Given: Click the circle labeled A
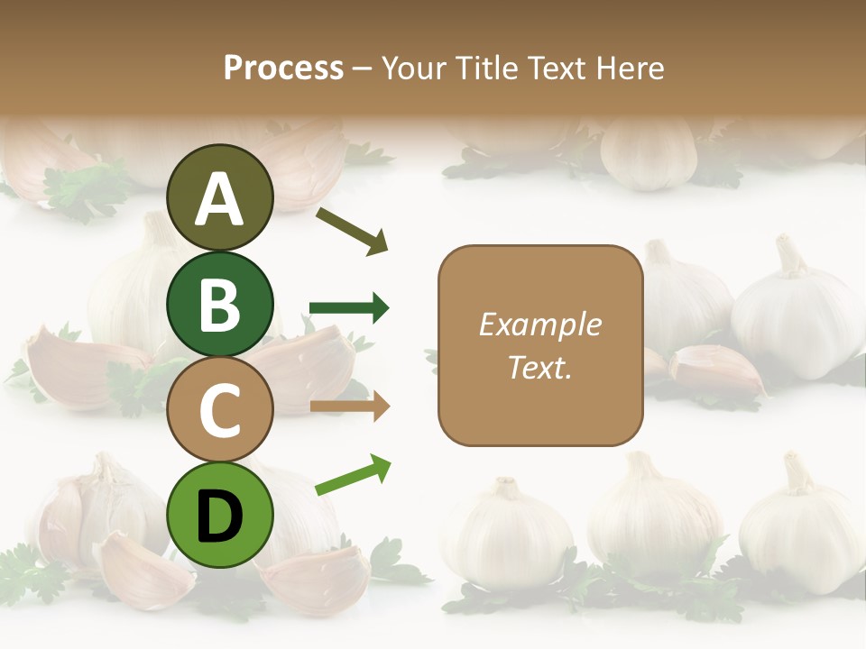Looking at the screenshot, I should [x=219, y=197].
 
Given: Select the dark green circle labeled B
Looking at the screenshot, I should [x=219, y=304].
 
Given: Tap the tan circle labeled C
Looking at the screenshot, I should [x=219, y=410].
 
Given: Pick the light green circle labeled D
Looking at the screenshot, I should [x=219, y=515].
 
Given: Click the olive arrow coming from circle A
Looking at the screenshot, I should [x=352, y=231].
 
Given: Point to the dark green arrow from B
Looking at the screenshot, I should [x=349, y=308].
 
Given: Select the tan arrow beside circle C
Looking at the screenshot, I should [x=349, y=407].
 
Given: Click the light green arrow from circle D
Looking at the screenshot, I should [x=353, y=474].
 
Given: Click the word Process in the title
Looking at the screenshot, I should [x=283, y=69].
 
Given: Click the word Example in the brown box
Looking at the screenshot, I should [x=539, y=324].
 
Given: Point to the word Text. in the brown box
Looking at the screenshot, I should [x=539, y=367].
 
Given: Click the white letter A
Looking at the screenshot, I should [x=219, y=198].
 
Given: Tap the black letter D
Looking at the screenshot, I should [x=219, y=516].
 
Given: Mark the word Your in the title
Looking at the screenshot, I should [x=413, y=69].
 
